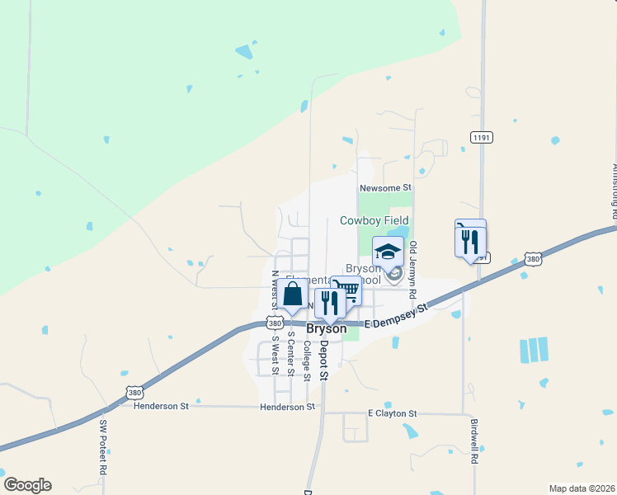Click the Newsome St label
coord(385,188)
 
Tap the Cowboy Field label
coord(374,221)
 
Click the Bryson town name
coord(326,328)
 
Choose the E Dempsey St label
coord(398,314)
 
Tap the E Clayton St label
coord(393,413)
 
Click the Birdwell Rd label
coord(475,442)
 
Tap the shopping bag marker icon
coord(292,294)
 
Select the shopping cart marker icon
coord(347,290)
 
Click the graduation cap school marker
coord(388,251)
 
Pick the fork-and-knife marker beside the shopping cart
coord(329,303)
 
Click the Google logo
coord(27,485)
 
